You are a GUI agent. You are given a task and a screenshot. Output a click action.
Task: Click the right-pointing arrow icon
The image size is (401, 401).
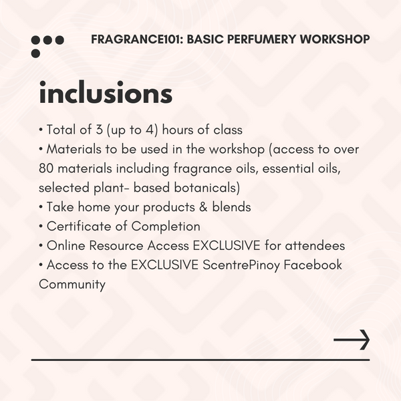click(x=352, y=340)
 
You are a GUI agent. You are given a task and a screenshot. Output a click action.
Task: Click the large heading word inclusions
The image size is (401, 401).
click(x=106, y=94)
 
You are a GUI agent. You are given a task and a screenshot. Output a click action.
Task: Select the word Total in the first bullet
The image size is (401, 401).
click(x=62, y=130)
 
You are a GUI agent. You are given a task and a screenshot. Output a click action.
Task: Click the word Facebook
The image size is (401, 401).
click(x=313, y=265)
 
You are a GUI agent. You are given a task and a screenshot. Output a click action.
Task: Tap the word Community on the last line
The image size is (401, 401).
click(x=72, y=285)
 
